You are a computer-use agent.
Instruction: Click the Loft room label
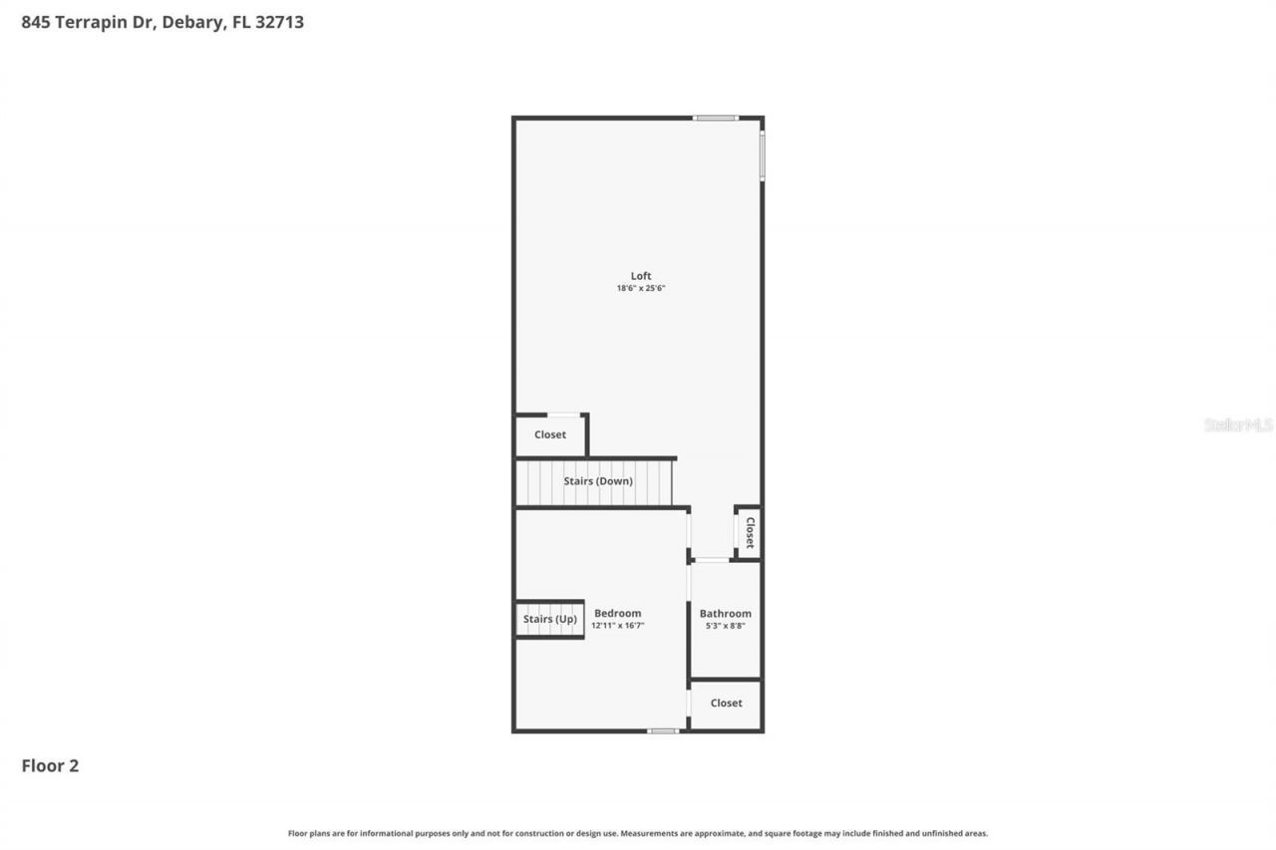point(640,276)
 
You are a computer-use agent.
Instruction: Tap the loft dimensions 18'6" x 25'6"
point(640,289)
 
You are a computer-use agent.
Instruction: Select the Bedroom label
point(617,613)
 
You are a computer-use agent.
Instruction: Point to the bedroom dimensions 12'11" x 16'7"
point(617,626)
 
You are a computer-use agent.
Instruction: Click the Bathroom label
point(725,614)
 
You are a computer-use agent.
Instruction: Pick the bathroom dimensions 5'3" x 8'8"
point(725,626)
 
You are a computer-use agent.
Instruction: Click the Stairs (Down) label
point(597,481)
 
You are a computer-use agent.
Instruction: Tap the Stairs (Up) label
point(549,619)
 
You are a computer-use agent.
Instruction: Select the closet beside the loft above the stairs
point(549,435)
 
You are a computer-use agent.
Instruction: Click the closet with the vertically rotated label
point(750,533)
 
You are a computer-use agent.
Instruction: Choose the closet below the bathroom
point(726,704)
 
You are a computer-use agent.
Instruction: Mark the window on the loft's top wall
point(715,118)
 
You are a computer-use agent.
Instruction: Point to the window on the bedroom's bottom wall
point(662,731)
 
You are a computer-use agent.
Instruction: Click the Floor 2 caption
point(50,766)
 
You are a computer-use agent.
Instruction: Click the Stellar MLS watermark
point(1238,425)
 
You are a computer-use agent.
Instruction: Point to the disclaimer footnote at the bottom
point(638,833)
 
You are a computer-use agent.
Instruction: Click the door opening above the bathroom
point(711,560)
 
